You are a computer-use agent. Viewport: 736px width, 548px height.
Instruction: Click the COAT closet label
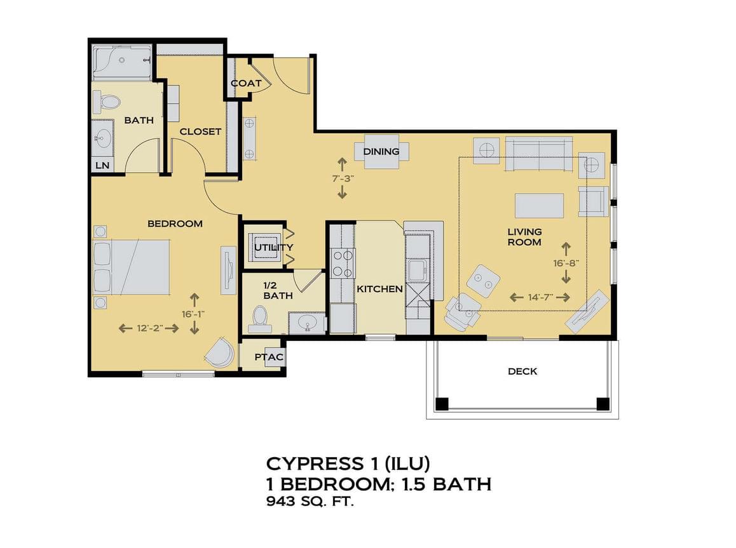tap(246, 83)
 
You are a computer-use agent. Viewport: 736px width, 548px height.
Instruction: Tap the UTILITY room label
tap(274, 247)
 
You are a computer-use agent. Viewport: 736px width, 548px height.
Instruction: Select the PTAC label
tap(269, 358)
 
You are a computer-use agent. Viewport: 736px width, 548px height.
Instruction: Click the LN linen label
tap(102, 166)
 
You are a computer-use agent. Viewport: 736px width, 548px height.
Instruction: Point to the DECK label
tap(522, 371)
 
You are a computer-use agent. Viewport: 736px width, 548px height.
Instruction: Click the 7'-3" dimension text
tap(342, 178)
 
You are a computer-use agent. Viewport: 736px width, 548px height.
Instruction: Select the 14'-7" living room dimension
tap(540, 297)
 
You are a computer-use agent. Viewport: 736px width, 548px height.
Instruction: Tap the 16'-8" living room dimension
tap(566, 263)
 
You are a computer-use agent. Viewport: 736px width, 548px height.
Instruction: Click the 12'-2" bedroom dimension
tap(149, 328)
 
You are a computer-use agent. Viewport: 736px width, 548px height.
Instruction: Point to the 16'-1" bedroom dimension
tap(194, 314)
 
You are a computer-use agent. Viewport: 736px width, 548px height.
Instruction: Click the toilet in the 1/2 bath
tap(259, 316)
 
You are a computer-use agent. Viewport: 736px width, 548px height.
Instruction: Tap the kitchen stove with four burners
tap(343, 264)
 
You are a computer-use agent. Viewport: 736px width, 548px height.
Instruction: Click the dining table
tap(381, 151)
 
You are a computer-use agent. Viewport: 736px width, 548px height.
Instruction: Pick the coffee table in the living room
tap(540, 205)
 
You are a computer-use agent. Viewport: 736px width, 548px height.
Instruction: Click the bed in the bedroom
tap(132, 268)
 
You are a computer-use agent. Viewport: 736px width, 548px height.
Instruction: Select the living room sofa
tap(539, 154)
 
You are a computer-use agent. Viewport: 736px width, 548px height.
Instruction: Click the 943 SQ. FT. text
tap(310, 502)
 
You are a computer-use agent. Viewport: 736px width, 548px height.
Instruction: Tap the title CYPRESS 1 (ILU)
tap(348, 464)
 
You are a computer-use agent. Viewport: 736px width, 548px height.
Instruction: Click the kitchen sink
tap(417, 271)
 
